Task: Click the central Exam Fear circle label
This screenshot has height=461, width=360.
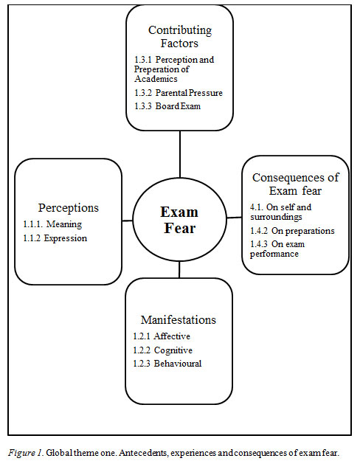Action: click(x=179, y=220)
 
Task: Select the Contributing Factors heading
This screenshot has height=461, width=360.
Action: click(x=180, y=36)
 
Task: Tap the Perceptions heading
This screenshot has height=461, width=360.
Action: click(x=68, y=207)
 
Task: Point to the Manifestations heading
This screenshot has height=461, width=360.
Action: click(x=179, y=319)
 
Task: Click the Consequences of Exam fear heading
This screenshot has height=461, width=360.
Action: click(x=295, y=184)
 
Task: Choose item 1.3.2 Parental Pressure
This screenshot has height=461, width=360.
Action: click(x=179, y=93)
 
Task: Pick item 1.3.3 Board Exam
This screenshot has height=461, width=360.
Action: click(x=167, y=105)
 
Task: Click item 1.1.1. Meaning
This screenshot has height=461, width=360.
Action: click(x=52, y=224)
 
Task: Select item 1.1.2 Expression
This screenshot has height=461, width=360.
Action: click(x=55, y=238)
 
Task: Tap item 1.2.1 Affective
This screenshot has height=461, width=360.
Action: click(x=162, y=336)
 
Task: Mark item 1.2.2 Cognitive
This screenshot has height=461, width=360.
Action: click(x=162, y=350)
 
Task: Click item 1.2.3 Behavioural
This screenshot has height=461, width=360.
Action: click(x=167, y=364)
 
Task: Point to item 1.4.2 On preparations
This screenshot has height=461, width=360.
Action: click(x=292, y=231)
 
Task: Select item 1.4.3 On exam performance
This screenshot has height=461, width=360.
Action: click(x=277, y=249)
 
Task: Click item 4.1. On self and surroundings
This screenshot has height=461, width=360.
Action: click(x=280, y=212)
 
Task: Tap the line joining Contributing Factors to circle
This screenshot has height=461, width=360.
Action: click(x=180, y=154)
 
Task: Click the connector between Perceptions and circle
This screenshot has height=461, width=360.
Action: click(x=128, y=221)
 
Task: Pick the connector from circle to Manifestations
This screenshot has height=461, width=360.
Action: click(x=179, y=270)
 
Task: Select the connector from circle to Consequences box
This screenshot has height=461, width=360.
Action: click(x=235, y=218)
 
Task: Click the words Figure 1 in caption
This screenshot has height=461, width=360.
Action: click(x=26, y=453)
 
